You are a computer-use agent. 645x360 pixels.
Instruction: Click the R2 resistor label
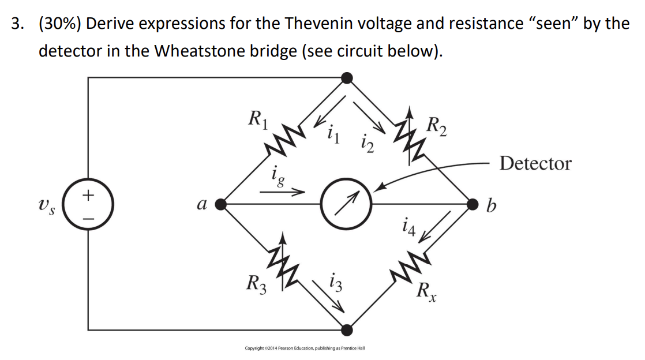437,126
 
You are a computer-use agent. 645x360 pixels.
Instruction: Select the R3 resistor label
256,284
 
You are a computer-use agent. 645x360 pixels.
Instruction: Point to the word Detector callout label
535,164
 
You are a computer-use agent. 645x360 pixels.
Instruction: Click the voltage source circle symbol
88,204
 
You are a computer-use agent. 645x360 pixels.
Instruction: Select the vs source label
44,204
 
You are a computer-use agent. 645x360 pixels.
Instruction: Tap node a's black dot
220,204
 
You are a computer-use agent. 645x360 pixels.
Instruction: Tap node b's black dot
472,204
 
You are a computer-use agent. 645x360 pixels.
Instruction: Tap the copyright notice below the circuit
305,348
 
